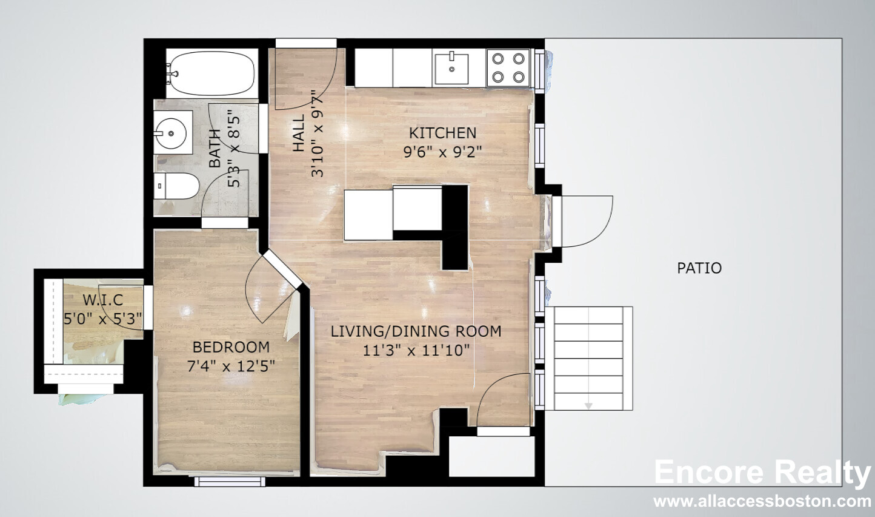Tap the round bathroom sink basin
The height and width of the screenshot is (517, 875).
170,133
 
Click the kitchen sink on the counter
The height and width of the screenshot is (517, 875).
451,69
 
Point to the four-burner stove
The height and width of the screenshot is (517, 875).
508,68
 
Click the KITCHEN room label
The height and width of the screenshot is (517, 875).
442,133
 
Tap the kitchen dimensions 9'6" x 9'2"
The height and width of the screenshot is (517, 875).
442,152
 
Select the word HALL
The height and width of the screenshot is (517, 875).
299,133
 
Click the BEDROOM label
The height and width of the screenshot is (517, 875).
231,347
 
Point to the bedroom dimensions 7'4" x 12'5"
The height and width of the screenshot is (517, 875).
231,367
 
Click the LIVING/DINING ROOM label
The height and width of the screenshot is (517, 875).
416,332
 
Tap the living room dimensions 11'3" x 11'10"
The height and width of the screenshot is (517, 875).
416,350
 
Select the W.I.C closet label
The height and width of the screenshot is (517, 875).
103,300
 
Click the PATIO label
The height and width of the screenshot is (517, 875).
699,268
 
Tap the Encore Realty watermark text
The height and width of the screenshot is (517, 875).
762,473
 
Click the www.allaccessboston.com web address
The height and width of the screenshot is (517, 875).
762,501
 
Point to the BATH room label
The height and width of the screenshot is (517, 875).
215,149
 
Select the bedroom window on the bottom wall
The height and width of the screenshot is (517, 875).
230,481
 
